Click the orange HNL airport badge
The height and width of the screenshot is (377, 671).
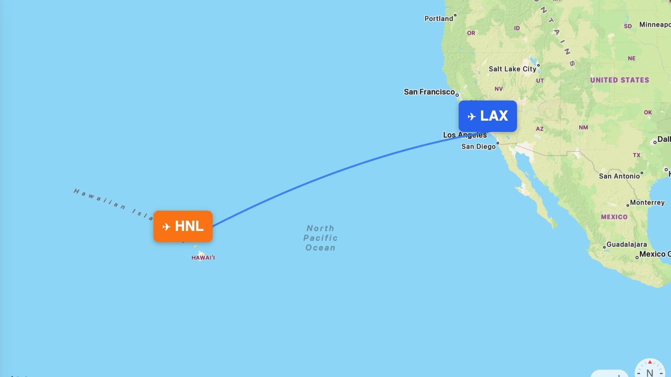coord(183,226)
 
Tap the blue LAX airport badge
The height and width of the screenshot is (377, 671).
coord(488,116)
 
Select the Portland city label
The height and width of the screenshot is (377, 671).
coord(439,18)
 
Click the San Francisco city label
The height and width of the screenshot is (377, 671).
coord(429,92)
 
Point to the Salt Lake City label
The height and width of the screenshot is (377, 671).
coord(512,69)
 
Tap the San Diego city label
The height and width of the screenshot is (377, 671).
coord(479,146)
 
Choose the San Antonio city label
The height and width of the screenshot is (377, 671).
coord(619,176)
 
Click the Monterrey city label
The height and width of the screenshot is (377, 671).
coord(647,202)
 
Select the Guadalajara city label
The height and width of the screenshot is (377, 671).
coord(627,244)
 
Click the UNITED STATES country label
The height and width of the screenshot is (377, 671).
coord(619,80)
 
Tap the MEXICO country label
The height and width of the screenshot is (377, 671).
coord(614,217)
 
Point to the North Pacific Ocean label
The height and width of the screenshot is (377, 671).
coord(320,238)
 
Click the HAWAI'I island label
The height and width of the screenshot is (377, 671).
coord(203,258)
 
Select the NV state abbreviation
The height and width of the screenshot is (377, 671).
coord(499,89)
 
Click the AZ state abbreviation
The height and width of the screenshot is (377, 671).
coord(540,129)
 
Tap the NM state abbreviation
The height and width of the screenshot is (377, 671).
coord(583,127)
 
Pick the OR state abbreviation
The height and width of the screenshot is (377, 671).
coord(471,33)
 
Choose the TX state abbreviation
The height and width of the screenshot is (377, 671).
coord(637,155)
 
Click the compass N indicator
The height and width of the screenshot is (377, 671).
coord(650,372)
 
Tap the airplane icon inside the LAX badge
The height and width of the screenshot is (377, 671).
coord(472,116)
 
